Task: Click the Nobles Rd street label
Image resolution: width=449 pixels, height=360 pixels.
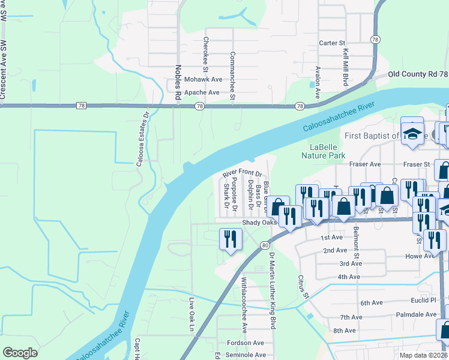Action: click(178, 82)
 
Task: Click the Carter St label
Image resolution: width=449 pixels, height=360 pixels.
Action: click(333, 43)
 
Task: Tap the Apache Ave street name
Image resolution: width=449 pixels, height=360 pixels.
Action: click(202, 92)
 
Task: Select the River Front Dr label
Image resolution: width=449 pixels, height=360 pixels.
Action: click(243, 173)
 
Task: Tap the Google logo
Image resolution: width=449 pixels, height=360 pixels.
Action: click(20, 353)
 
